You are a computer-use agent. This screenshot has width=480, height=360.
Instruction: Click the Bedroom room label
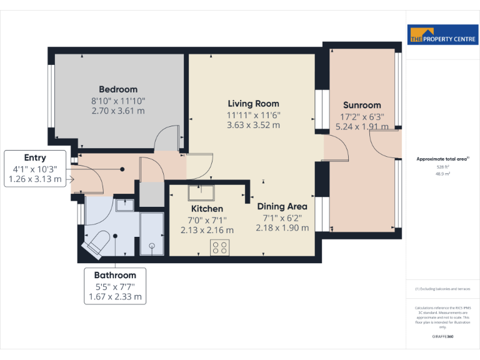[x=118, y=89]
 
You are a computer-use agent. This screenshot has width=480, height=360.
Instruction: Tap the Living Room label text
[x=253, y=104]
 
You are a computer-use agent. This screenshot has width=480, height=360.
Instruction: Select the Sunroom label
[x=361, y=106]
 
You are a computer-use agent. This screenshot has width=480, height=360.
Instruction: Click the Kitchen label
[x=207, y=209]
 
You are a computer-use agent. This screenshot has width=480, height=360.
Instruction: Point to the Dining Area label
[x=282, y=206]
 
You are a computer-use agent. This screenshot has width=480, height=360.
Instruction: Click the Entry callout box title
[x=35, y=157]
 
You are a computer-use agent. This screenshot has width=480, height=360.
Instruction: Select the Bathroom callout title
[x=115, y=275]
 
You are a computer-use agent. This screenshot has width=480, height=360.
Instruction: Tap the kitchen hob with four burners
[x=219, y=247]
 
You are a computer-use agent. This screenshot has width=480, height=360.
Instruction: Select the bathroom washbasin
[x=124, y=204]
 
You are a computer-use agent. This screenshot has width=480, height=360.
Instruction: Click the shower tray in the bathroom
[x=151, y=234]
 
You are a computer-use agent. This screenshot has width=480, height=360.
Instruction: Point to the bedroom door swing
[x=167, y=139]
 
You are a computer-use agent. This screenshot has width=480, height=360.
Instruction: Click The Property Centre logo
[x=443, y=36]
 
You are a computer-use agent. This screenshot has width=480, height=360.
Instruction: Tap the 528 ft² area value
[x=442, y=167]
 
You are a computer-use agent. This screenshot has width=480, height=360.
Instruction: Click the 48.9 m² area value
[x=442, y=174]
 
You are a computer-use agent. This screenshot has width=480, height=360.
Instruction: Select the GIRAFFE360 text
[x=442, y=337]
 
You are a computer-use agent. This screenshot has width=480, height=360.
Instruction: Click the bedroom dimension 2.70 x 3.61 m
[x=118, y=111]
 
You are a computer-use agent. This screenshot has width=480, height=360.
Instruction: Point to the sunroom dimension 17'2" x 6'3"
[x=362, y=116]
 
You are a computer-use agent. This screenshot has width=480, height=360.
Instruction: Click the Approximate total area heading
[x=442, y=159]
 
